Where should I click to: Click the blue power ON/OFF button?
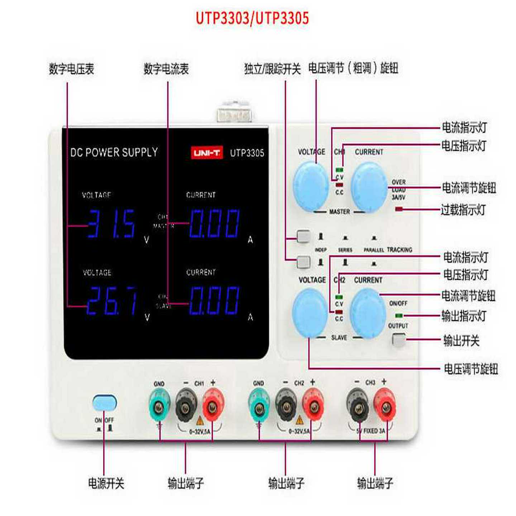tap(104, 403)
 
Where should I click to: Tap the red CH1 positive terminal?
tap(213, 406)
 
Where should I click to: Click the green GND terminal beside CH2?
tap(259, 406)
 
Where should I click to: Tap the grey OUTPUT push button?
tap(398, 340)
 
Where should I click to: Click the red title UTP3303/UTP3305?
tap(252, 18)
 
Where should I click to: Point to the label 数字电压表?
tap(71, 69)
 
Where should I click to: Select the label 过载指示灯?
tap(463, 210)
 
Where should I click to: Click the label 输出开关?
tap(461, 340)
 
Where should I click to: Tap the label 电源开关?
tap(106, 483)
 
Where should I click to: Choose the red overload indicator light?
tap(399, 209)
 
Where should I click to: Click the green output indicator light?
tap(398, 315)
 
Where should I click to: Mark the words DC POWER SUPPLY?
tap(114, 152)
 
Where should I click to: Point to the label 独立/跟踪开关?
tap(272, 69)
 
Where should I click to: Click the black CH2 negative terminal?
tap(286, 406)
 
